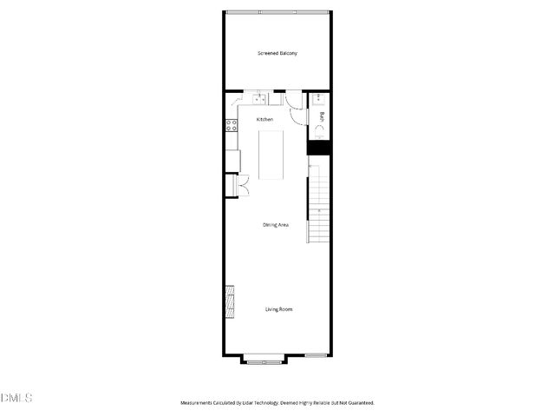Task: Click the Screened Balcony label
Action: tap(277, 54)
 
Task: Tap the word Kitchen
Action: tap(264, 119)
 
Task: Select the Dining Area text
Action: tap(276, 225)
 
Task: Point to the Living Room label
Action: tap(278, 309)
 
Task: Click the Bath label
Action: tap(323, 117)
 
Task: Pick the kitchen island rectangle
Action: tap(271, 156)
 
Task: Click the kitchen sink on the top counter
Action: tap(259, 98)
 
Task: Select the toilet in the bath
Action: tap(319, 134)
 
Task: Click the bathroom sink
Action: tap(318, 98)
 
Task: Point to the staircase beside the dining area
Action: tap(320, 208)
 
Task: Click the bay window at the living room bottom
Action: tap(263, 357)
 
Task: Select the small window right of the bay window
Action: tap(316, 355)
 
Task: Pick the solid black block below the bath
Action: tap(318, 149)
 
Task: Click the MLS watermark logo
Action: tap(16, 399)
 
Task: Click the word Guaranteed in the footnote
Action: tap(359, 403)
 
